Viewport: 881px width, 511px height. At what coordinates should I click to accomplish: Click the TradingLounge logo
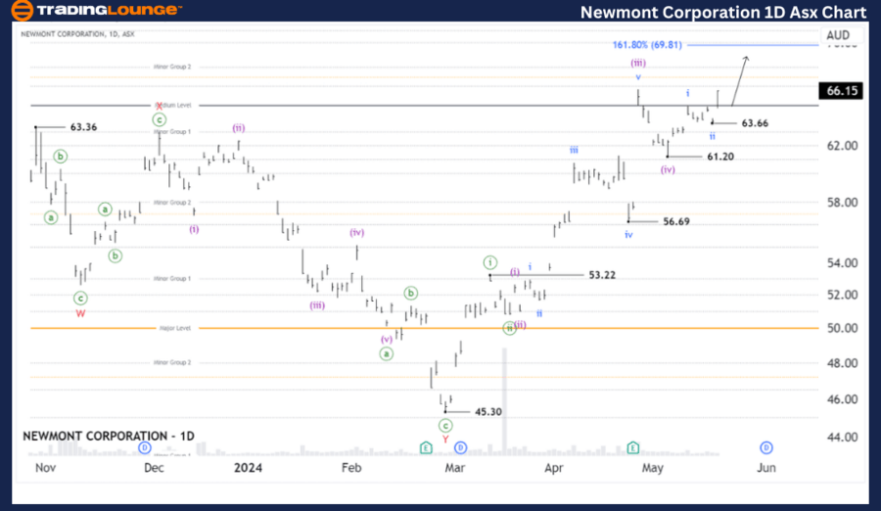pos(95,11)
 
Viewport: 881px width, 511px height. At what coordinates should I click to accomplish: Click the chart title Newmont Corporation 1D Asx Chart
pos(722,12)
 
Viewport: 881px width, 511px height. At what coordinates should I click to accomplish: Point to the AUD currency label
pos(838,35)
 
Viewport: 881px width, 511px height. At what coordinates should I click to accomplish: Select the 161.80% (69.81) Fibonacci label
pos(646,45)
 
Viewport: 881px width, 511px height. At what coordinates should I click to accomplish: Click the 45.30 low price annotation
pos(487,412)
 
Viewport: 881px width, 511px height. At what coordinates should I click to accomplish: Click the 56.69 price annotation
pos(675,222)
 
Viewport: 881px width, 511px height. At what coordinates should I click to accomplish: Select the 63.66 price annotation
pos(755,123)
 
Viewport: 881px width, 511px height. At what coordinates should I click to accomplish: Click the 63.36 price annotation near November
pos(83,127)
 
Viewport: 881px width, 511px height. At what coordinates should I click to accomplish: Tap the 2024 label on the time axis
pos(249,469)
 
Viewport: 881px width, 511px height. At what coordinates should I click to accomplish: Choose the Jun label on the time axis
pos(766,469)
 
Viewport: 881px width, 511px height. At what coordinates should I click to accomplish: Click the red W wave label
pos(80,314)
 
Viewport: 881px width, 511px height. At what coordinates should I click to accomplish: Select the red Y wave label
pos(445,440)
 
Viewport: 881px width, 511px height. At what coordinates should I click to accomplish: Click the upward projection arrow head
pos(747,58)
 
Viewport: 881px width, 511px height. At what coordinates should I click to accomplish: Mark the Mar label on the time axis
pos(453,469)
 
